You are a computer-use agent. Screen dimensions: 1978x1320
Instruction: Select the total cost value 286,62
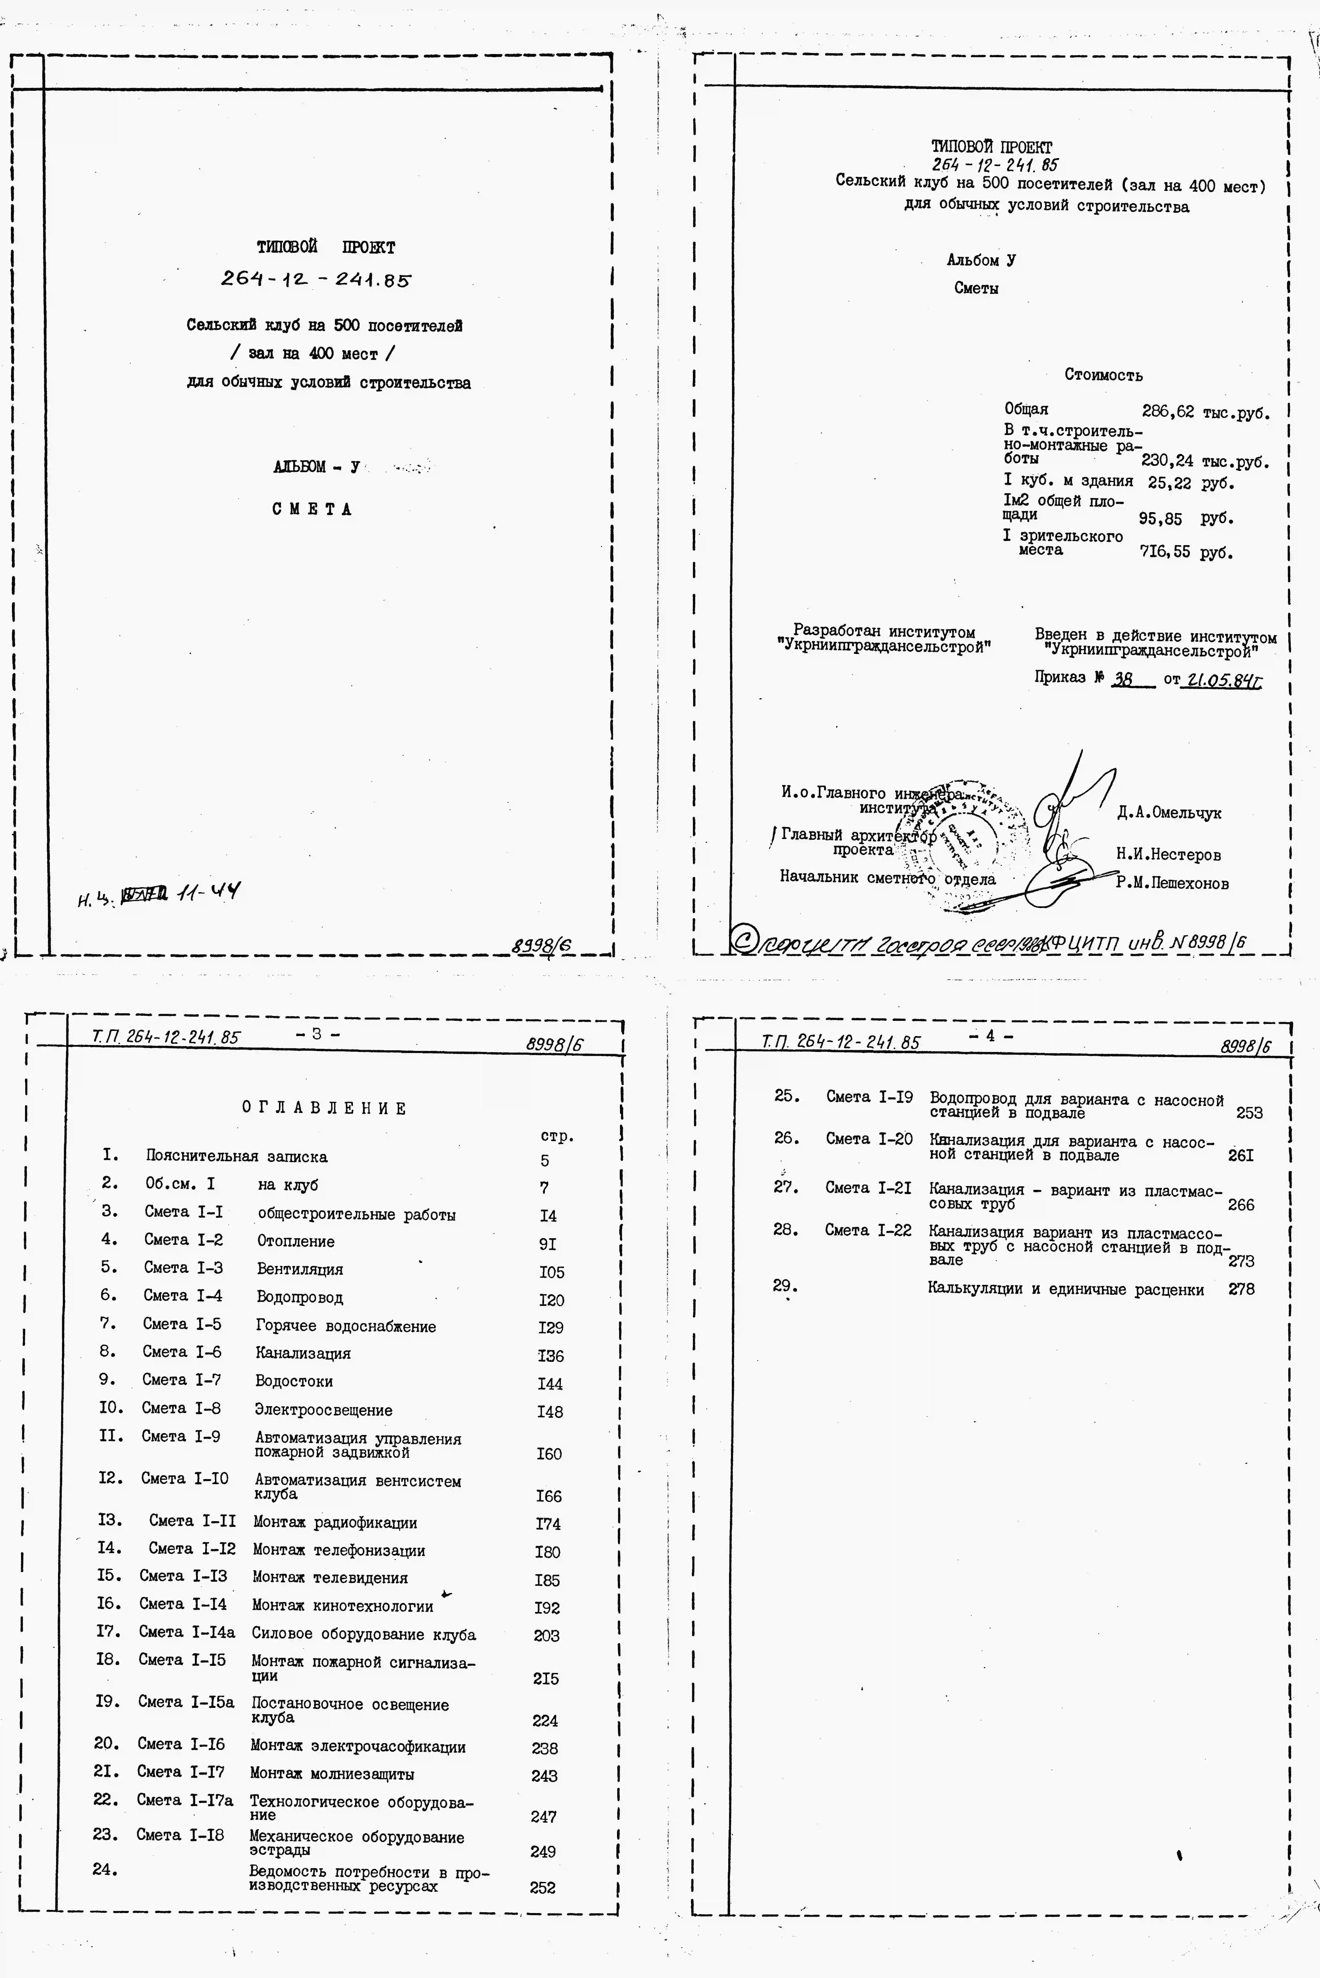tap(1168, 412)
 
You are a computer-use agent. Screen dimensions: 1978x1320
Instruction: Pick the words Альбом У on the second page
tap(981, 260)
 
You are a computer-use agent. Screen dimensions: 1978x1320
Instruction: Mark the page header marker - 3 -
tap(317, 1034)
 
